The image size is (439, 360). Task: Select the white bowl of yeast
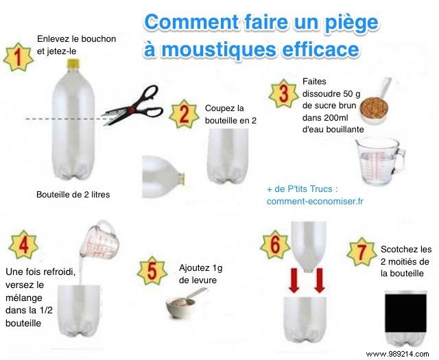click(182, 306)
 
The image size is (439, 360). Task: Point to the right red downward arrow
click(319, 280)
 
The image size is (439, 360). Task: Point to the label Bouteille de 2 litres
click(73, 195)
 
